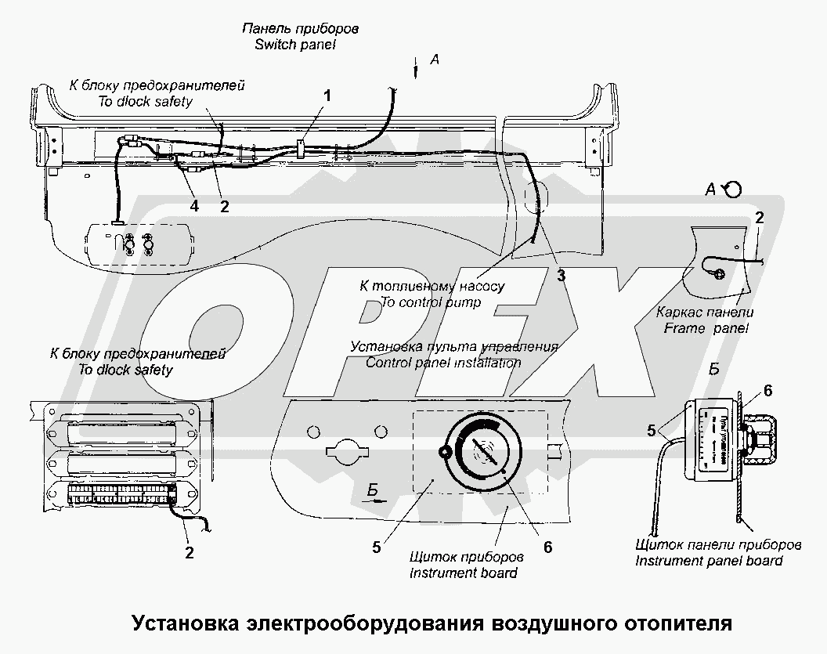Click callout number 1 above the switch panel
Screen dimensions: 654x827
coord(328,96)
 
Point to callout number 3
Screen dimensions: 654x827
coord(561,274)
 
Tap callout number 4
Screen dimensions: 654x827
coord(194,206)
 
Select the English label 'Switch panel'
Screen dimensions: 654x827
coord(295,45)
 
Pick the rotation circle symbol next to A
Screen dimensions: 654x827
coord(734,189)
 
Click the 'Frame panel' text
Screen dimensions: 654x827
coord(706,328)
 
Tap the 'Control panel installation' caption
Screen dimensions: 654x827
coord(443,363)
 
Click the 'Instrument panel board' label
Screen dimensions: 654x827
coord(709,560)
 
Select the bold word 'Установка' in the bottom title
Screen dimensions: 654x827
coord(186,624)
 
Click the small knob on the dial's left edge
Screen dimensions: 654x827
coord(444,452)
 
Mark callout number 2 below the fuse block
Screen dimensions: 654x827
coord(188,553)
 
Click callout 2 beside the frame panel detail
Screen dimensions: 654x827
coord(757,217)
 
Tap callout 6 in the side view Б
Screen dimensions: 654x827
coord(767,389)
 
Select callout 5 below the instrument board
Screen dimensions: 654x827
coord(377,547)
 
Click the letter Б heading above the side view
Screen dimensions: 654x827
coord(714,370)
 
